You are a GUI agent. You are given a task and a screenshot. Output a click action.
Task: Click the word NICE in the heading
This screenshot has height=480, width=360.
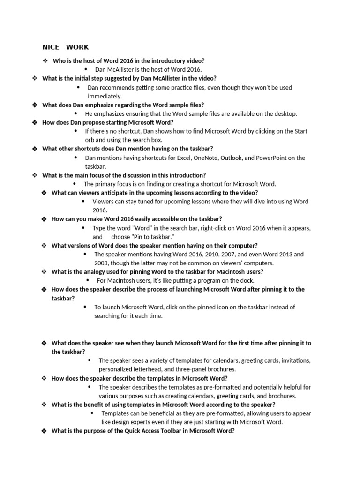tap(50, 47)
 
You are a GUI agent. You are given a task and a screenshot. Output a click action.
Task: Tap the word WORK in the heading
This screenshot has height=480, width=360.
tap(77, 47)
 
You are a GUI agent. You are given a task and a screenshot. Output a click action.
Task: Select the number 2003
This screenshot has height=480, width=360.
tap(102, 263)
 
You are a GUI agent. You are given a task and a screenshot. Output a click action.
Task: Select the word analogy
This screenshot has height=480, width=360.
tap(93, 271)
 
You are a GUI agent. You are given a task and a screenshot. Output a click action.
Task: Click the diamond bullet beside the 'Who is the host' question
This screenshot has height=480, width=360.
tap(45, 61)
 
